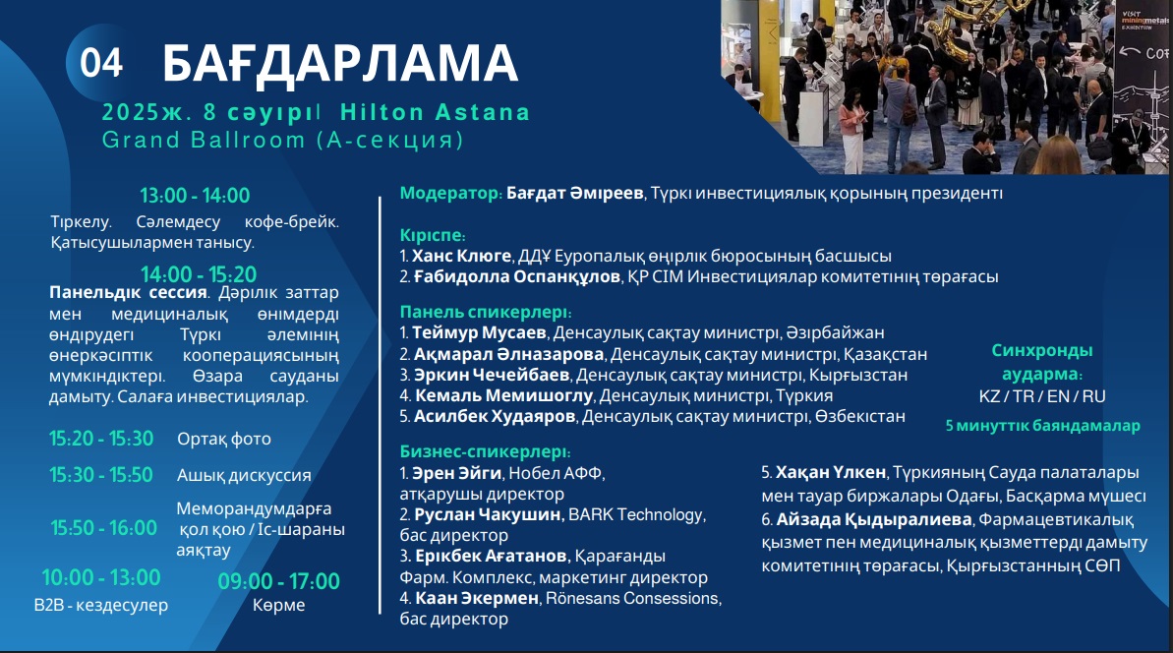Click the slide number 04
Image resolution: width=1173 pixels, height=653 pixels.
[101, 63]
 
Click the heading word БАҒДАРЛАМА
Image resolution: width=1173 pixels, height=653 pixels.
[340, 63]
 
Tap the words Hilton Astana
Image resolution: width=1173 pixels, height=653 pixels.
[435, 112]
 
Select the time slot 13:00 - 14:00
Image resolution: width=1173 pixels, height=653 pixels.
[195, 196]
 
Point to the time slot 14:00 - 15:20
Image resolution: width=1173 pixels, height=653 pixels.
[199, 273]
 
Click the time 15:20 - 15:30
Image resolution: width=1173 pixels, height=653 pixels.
[101, 439]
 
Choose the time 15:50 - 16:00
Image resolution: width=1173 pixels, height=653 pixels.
[104, 528]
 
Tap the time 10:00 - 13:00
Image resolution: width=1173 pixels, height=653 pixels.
[101, 577]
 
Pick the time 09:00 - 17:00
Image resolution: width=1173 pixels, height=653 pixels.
[279, 581]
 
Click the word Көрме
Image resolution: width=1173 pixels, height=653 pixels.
[279, 605]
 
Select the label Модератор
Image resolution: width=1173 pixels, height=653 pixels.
[450, 193]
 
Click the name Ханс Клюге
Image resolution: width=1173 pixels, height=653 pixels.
[461, 256]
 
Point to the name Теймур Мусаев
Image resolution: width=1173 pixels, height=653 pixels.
[480, 332]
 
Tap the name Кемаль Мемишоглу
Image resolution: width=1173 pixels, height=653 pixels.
[504, 395]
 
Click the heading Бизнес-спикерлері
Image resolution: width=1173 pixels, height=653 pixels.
[485, 451]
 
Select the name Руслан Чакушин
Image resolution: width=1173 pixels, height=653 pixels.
[488, 514]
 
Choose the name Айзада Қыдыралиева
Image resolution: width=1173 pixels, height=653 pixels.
[874, 519]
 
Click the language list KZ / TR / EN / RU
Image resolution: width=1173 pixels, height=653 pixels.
[1042, 396]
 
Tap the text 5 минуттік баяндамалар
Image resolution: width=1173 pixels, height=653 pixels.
[1043, 426]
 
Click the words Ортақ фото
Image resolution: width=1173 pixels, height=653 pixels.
[223, 439]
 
